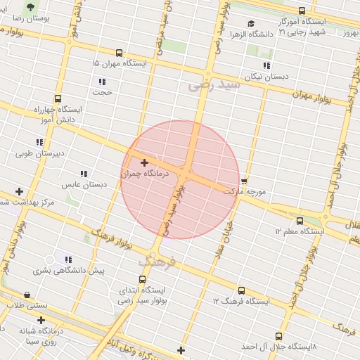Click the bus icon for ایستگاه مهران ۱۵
point(119,53)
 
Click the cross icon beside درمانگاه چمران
point(145,163)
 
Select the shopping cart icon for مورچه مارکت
point(244,181)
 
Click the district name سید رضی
point(214,85)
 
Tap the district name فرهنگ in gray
point(155,261)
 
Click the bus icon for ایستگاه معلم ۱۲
point(300,221)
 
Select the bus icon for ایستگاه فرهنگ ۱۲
point(241,290)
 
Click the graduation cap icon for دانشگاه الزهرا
point(251,24)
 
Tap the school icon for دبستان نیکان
point(266,65)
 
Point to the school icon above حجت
point(103,82)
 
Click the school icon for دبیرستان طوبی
point(39,142)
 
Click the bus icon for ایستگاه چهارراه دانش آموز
point(57,99)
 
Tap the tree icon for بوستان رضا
point(30,6)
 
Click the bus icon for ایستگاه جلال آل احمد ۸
point(279,336)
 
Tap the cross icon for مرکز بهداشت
point(19,191)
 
